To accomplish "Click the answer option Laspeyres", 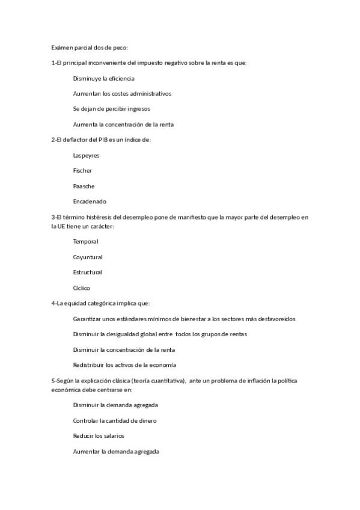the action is [x=86, y=155].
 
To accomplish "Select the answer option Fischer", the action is [x=82, y=171].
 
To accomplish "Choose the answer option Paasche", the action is [x=84, y=186].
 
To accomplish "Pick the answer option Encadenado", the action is [x=90, y=201].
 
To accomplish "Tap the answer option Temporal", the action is [x=85, y=241].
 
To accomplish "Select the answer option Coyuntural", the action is [x=88, y=257].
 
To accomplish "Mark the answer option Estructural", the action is [x=88, y=272].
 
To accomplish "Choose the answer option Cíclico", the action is [x=82, y=288].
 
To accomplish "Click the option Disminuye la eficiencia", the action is [x=103, y=78].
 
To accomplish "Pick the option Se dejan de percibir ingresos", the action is [x=112, y=109].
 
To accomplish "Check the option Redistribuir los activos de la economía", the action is [x=124, y=365].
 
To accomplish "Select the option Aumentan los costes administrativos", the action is [x=122, y=94].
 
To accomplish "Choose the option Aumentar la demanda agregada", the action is [x=116, y=451].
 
